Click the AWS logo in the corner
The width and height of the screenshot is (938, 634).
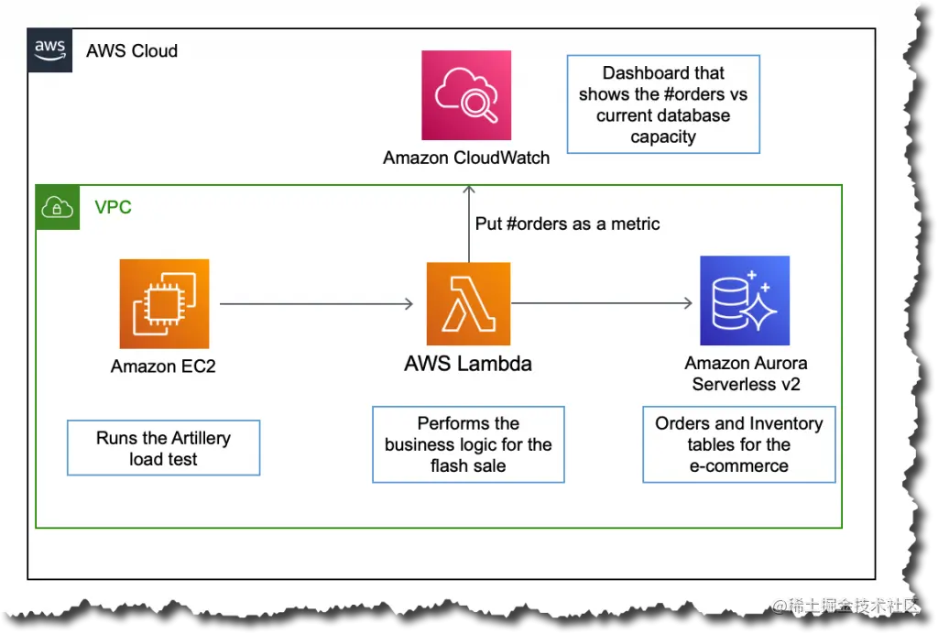pyautogui.click(x=49, y=49)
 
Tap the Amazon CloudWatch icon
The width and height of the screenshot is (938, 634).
pyautogui.click(x=466, y=95)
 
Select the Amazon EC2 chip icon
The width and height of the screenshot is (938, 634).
pyautogui.click(x=164, y=303)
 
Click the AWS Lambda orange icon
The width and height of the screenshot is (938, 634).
pyautogui.click(x=468, y=303)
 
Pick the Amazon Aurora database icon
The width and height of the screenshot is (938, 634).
pyautogui.click(x=744, y=300)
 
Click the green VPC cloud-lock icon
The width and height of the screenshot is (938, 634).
pyautogui.click(x=58, y=207)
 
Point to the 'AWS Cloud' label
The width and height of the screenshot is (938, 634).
pyautogui.click(x=132, y=50)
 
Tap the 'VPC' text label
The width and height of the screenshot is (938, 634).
pyautogui.click(x=114, y=207)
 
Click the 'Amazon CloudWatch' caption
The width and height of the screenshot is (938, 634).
pyautogui.click(x=466, y=158)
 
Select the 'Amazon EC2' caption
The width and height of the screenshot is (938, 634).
pyautogui.click(x=163, y=366)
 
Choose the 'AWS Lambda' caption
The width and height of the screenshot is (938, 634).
pyautogui.click(x=468, y=364)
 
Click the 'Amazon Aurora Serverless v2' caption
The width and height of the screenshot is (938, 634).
pyautogui.click(x=746, y=374)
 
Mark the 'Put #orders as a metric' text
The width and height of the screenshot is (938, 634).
pyautogui.click(x=568, y=224)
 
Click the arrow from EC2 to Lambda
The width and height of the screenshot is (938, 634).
pyautogui.click(x=316, y=303)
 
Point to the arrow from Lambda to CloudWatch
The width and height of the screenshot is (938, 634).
pyautogui.click(x=469, y=224)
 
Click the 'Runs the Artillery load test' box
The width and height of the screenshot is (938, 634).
pyautogui.click(x=164, y=448)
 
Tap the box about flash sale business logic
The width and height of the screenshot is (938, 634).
pyautogui.click(x=468, y=444)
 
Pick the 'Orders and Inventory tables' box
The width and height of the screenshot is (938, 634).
pyautogui.click(x=739, y=444)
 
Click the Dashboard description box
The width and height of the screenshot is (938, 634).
pyautogui.click(x=663, y=104)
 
